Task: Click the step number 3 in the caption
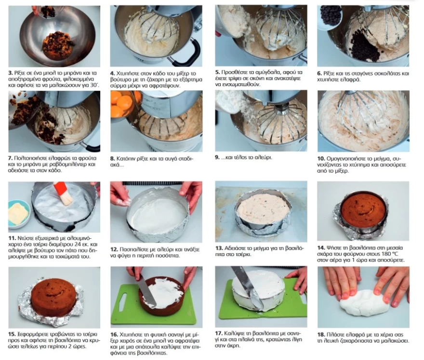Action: (11, 73)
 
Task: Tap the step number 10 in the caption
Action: (321, 158)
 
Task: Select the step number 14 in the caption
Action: (321, 248)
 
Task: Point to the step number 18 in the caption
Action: (321, 334)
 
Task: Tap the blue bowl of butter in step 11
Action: (19, 214)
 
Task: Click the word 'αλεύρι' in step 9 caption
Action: (264, 157)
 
